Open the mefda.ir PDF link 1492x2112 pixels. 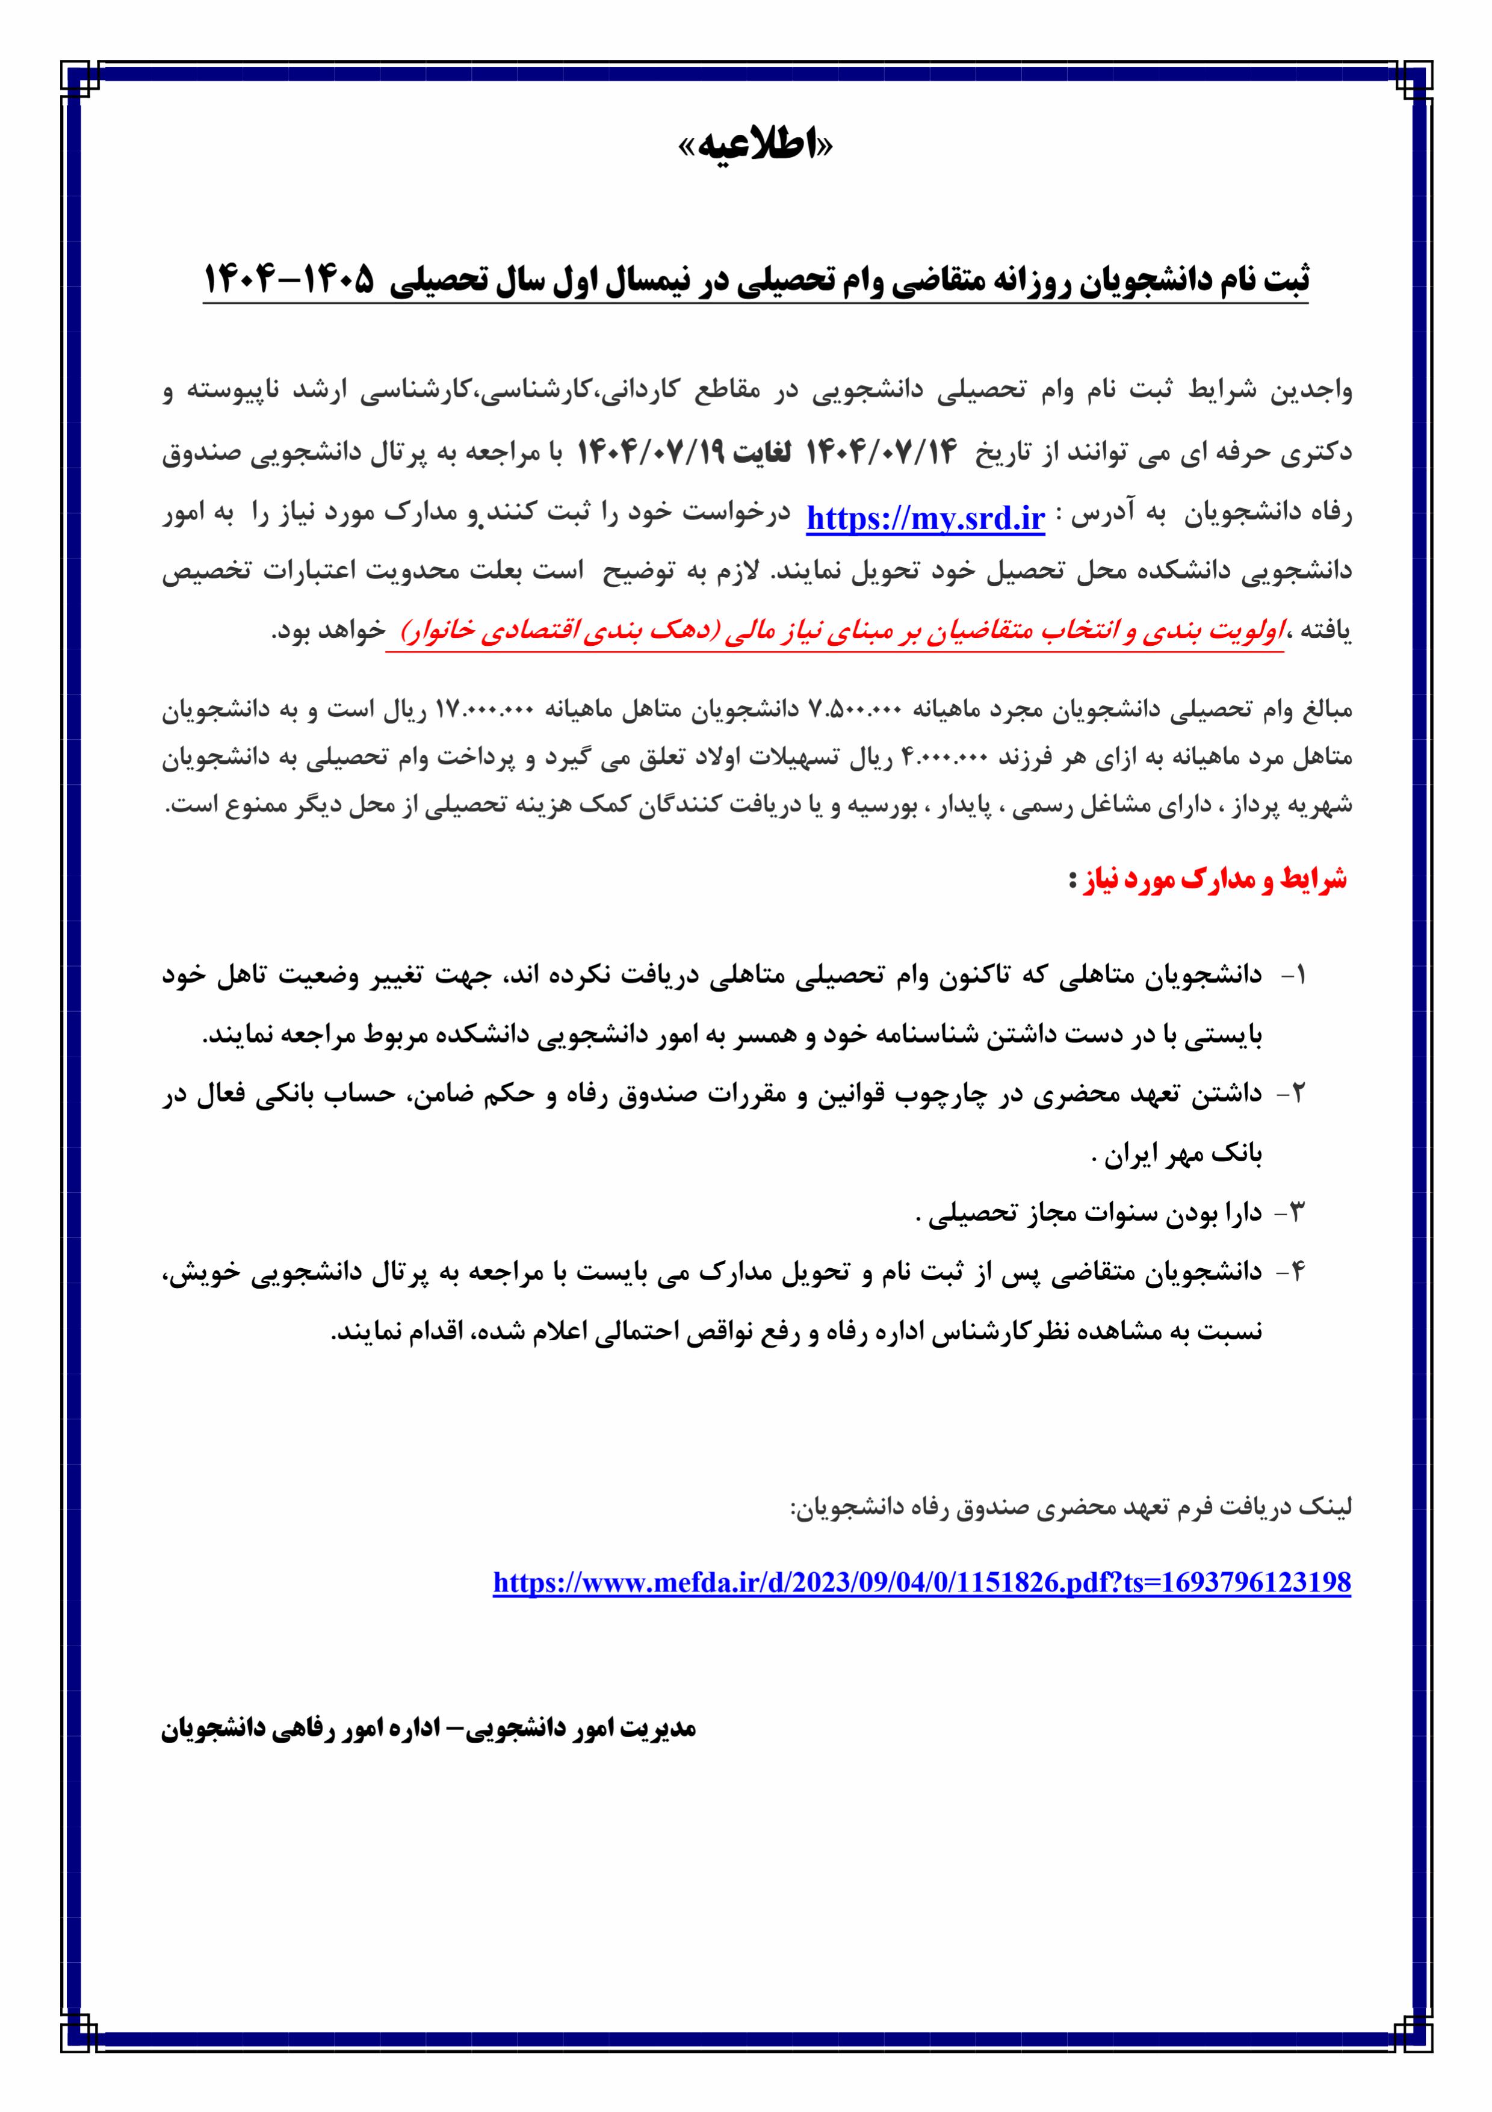point(921,1582)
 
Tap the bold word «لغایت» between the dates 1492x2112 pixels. point(760,453)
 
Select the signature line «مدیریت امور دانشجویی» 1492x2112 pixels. point(429,1729)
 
